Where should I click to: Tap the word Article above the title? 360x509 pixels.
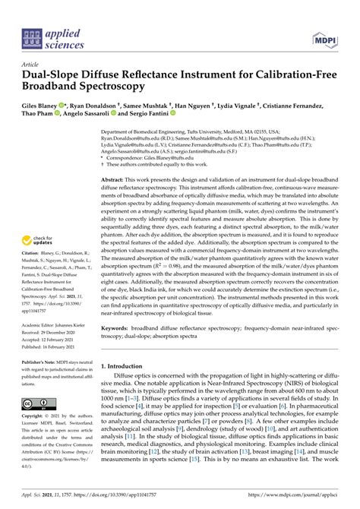(x=30, y=65)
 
